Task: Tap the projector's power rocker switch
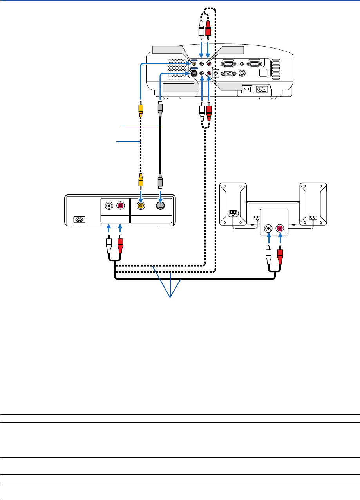(247, 89)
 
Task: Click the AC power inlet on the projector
(261, 89)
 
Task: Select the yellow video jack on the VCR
(140, 205)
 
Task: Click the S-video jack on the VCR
(160, 205)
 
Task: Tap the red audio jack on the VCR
(121, 205)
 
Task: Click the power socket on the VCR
(79, 220)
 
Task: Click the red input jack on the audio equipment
(280, 228)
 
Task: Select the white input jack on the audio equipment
(268, 228)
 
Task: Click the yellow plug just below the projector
(140, 109)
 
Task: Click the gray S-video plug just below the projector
(160, 108)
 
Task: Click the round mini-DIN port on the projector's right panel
(242, 73)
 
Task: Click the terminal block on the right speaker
(313, 217)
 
